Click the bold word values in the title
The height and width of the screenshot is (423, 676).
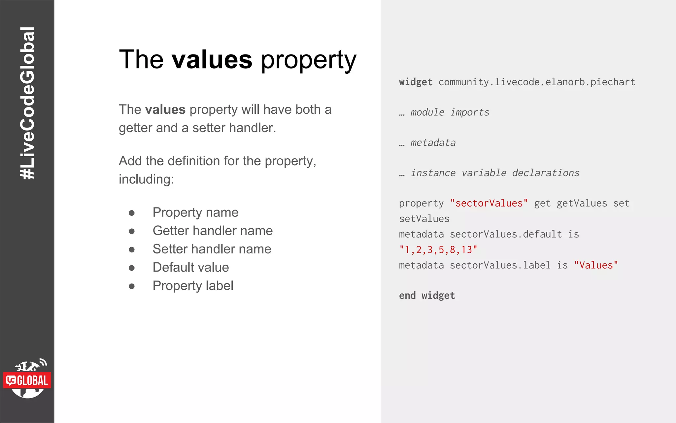212,60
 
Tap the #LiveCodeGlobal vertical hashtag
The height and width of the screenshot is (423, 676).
27,103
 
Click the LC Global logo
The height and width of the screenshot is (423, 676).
27,379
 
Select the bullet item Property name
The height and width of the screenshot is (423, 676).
195,212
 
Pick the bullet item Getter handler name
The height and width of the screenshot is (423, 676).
212,231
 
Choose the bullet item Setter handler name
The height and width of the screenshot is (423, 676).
212,249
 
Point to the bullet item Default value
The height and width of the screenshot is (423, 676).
190,267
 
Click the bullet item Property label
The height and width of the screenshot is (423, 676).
193,286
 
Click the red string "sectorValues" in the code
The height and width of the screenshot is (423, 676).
489,203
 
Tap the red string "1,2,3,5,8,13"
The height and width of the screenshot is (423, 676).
438,250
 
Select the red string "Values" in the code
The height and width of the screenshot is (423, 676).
596,265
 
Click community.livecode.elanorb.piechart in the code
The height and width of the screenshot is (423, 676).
537,82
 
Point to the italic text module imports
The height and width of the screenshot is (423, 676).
450,112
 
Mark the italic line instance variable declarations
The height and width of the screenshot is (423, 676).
495,173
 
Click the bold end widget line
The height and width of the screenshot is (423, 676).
427,295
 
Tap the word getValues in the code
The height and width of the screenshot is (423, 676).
582,203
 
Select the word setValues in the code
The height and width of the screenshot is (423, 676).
424,219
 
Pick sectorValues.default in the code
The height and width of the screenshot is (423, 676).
506,234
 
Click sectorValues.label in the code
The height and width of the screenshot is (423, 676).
500,265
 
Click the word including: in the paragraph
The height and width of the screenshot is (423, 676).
146,179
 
